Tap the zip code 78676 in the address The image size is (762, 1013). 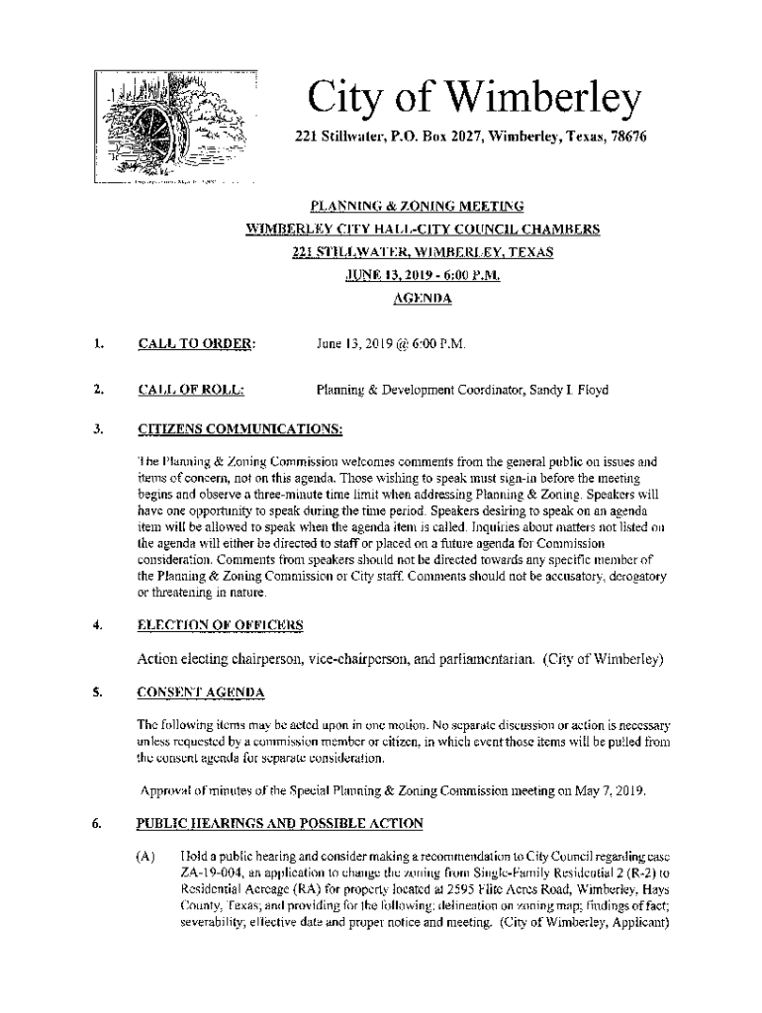point(628,137)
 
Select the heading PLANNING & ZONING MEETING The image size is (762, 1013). point(416,208)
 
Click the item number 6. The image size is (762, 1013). point(99,823)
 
